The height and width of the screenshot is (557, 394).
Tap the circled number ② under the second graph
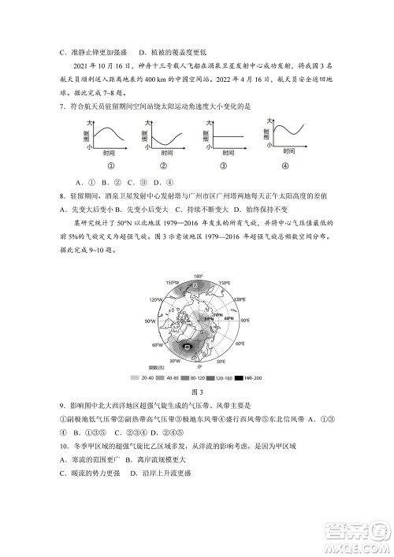162,165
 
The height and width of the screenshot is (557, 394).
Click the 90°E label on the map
244,321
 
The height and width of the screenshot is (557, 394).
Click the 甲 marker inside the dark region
187,345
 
